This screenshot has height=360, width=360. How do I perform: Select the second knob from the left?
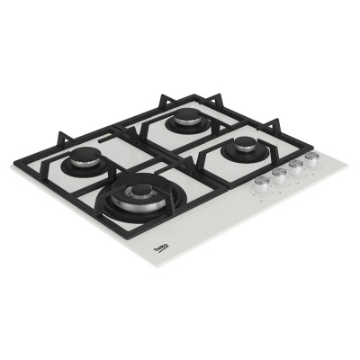[279, 175]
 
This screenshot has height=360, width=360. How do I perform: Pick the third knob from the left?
[296, 166]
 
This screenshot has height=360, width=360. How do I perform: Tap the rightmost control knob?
[312, 159]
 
